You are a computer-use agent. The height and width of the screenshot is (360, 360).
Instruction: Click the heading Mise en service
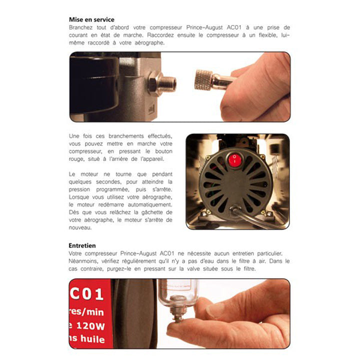pos(91,19)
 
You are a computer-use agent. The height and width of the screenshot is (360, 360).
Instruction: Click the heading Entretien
pos(82,245)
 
